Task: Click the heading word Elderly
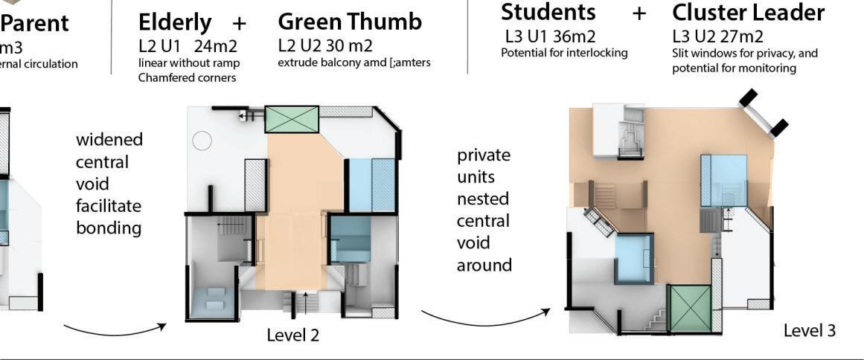[x=174, y=22]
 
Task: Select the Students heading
[x=548, y=12]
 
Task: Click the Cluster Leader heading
[x=748, y=13]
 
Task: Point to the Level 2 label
[x=292, y=335]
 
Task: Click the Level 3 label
[x=810, y=331]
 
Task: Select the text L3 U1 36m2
[x=550, y=36]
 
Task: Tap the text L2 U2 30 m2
[x=325, y=46]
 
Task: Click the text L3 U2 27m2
[x=717, y=36]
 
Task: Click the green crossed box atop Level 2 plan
[x=292, y=120]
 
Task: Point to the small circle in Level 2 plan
[x=202, y=141]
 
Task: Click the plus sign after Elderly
[x=239, y=23]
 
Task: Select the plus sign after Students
[x=639, y=13]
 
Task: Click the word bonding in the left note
[x=109, y=228]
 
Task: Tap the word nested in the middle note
[x=483, y=199]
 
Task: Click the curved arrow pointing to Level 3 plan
[x=485, y=318]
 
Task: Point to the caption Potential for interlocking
[x=564, y=53]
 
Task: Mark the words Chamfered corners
[x=187, y=77]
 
